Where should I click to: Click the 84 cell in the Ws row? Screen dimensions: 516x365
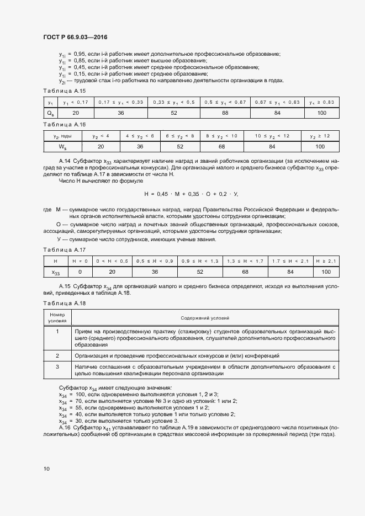click(272, 146)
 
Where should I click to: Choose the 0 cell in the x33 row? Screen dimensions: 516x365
click(80, 272)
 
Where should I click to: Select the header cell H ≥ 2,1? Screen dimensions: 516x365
click(326, 260)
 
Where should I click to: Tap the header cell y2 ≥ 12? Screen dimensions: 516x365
click(320, 135)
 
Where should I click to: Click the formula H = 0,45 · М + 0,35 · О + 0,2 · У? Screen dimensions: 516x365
click(191, 194)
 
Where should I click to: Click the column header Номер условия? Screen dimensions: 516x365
click(57, 318)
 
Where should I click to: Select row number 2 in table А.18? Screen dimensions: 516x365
click(57, 355)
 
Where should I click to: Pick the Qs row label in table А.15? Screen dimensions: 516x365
click(50, 113)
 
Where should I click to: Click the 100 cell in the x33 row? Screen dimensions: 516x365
click(326, 272)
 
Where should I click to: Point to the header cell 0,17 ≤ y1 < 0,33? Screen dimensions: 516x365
click(120, 102)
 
